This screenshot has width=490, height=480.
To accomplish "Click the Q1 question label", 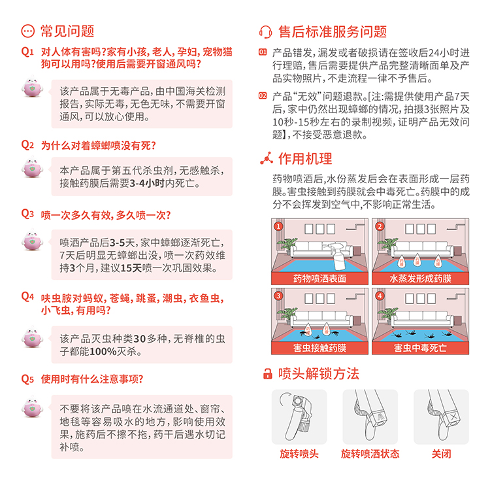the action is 27,52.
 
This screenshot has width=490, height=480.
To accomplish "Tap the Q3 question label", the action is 27,214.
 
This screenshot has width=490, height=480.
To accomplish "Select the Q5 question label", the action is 27,379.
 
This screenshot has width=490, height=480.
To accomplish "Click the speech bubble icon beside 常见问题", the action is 28,31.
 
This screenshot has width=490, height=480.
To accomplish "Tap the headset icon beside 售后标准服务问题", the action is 265,32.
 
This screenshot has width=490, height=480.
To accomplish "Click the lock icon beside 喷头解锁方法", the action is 267,373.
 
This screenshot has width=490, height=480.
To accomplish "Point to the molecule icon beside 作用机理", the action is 267,158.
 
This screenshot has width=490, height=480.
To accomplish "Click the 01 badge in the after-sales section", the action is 263,52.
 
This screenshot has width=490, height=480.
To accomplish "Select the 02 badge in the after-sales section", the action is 263,95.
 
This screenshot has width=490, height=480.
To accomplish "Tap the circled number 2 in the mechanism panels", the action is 380,226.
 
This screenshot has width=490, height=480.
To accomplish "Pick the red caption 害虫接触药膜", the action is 319,348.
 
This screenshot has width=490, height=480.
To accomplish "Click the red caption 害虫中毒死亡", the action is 420,348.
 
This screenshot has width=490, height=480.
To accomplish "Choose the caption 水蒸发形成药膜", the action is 420,279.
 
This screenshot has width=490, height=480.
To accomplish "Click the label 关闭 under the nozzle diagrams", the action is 441,454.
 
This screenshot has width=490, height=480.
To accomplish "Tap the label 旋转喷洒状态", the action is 370,454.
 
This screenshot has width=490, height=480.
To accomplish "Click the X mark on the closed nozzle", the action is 453,417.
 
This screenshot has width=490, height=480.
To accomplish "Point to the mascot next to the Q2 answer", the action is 32,167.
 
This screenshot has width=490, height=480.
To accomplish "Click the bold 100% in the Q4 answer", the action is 103,351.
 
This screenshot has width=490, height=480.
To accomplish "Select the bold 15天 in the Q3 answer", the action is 131,268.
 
